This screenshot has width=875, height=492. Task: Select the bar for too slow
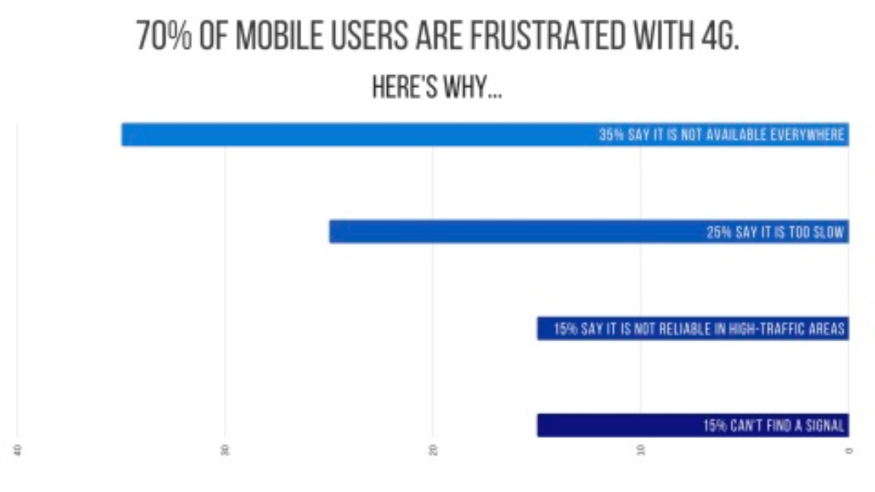510,232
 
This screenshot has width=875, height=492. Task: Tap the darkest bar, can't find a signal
620,426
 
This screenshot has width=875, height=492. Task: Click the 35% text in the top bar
610,135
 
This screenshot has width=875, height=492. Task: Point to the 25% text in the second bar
717,233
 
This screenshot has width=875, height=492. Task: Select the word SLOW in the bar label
828,233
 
